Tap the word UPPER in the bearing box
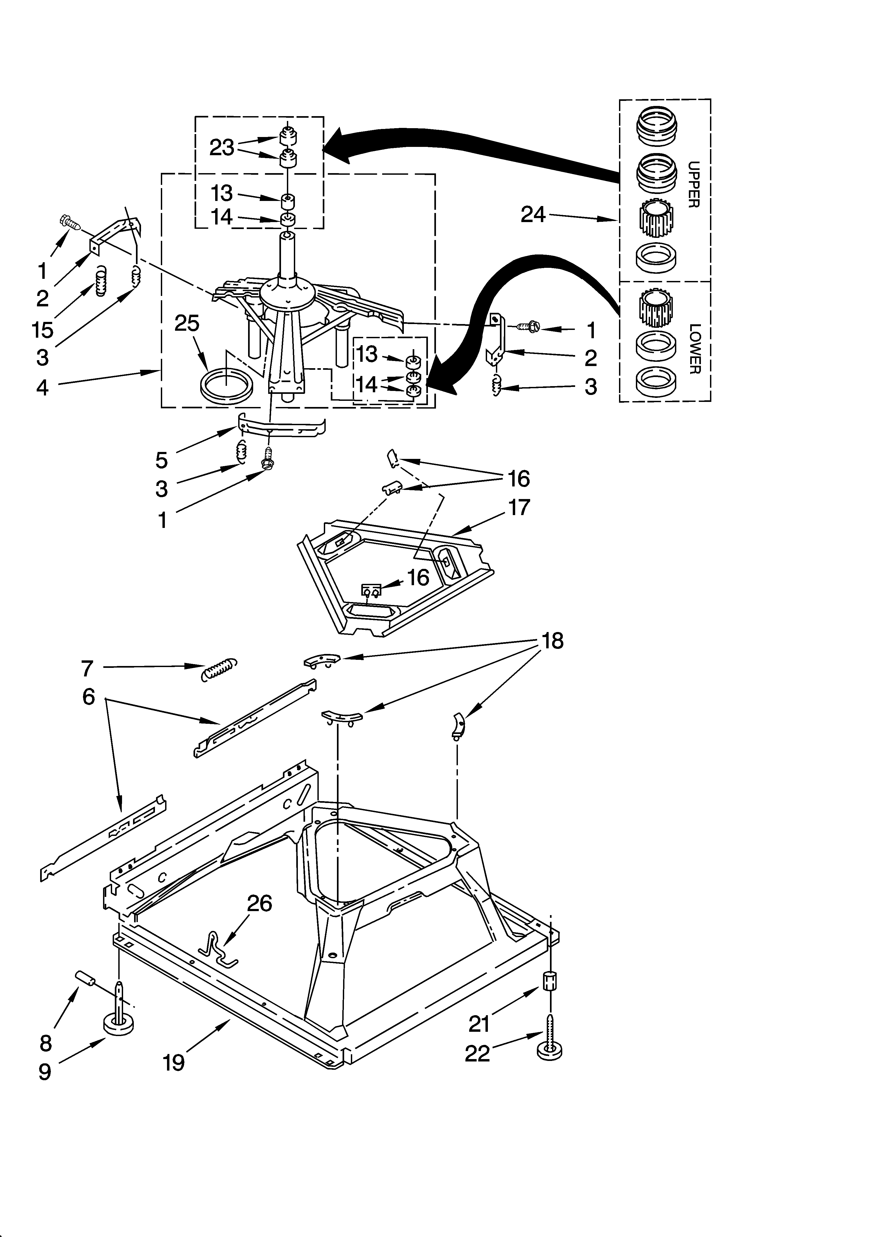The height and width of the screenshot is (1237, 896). [693, 184]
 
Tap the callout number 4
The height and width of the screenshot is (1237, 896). [42, 387]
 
